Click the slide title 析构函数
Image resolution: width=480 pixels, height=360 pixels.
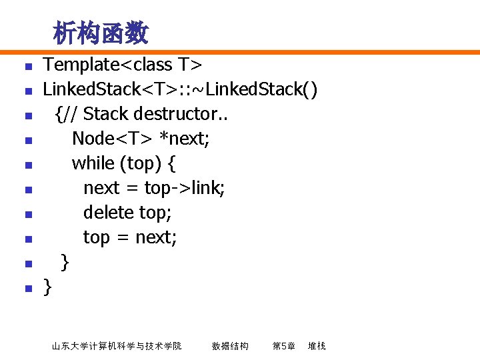[101, 32]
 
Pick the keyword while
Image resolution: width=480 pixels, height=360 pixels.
[93, 163]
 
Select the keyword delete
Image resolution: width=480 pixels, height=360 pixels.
[108, 213]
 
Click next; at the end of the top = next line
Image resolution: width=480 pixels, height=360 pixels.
[156, 237]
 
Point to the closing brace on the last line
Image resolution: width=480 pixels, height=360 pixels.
[47, 287]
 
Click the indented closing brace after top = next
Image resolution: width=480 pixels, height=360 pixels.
[64, 262]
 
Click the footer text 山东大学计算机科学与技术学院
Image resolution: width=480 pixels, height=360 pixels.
[117, 346]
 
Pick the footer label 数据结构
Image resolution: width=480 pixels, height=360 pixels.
[230, 346]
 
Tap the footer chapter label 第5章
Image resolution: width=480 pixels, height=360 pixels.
[284, 346]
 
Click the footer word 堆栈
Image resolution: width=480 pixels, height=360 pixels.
[317, 346]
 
